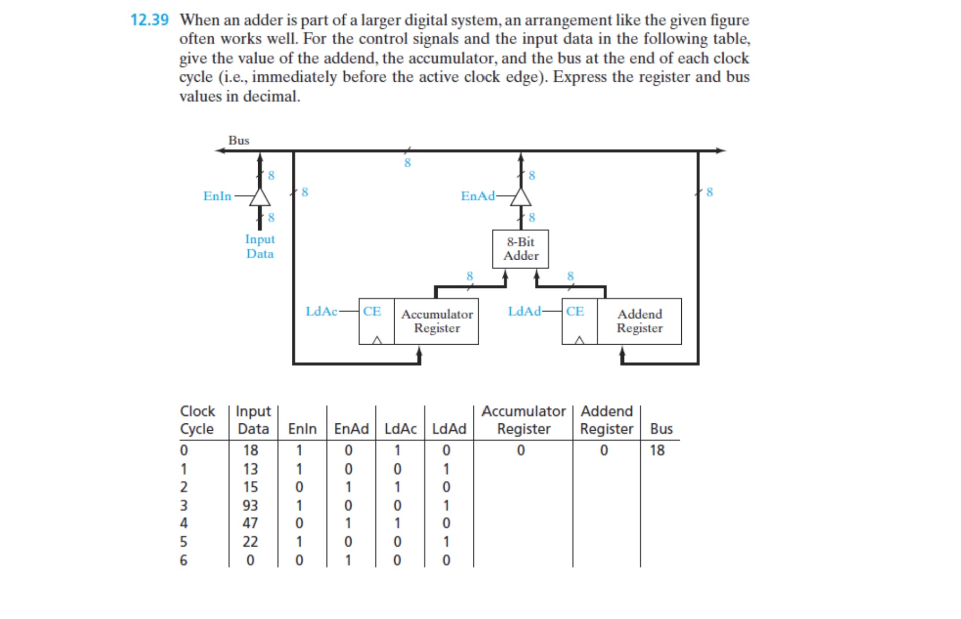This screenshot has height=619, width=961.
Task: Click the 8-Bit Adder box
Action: pos(520,249)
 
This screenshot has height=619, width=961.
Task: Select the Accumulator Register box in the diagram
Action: pos(436,321)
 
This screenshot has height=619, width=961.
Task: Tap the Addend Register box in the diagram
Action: pos(639,321)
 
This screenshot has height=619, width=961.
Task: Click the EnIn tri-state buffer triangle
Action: pos(260,198)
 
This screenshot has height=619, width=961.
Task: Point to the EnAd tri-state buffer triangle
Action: pos(521,198)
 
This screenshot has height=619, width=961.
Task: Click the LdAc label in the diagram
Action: pos(321,311)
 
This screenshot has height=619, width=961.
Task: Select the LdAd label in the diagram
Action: pos(524,311)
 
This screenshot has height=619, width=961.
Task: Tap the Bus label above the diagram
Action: pos(239,140)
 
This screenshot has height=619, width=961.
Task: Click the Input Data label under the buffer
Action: pos(260,246)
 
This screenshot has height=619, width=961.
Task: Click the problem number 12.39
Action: pos(150,20)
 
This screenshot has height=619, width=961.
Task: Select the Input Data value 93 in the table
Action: pos(250,505)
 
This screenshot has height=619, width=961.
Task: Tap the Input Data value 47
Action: pos(250,523)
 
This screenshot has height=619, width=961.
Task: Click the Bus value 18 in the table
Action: pos(657,450)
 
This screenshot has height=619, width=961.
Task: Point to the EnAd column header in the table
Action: pos(351,429)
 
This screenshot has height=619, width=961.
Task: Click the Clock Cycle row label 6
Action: pos(183,560)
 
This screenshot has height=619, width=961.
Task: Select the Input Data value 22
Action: pos(250,541)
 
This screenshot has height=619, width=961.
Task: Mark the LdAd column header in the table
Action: pos(449,429)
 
